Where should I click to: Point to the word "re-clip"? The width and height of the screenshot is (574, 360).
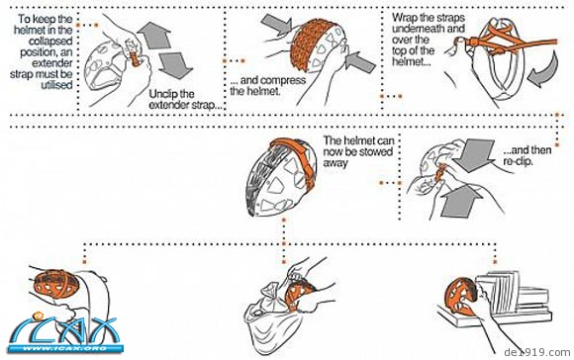pyautogui.click(x=518, y=161)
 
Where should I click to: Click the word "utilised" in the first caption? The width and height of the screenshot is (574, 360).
pyautogui.click(x=57, y=86)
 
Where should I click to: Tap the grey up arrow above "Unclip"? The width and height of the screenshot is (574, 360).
pyautogui.click(x=154, y=36)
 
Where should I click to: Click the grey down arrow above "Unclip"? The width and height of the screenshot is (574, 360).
pyautogui.click(x=175, y=65)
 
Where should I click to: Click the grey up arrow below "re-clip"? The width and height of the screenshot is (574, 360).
pyautogui.click(x=461, y=201)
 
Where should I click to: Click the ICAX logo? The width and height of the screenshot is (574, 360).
pyautogui.click(x=64, y=333)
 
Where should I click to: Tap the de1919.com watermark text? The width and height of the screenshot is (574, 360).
pyautogui.click(x=537, y=352)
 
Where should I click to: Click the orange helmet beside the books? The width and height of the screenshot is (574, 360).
pyautogui.click(x=460, y=297)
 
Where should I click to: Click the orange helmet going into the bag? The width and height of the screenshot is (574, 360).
pyautogui.click(x=300, y=295)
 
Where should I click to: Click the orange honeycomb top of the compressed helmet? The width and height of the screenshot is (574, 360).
pyautogui.click(x=310, y=41)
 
